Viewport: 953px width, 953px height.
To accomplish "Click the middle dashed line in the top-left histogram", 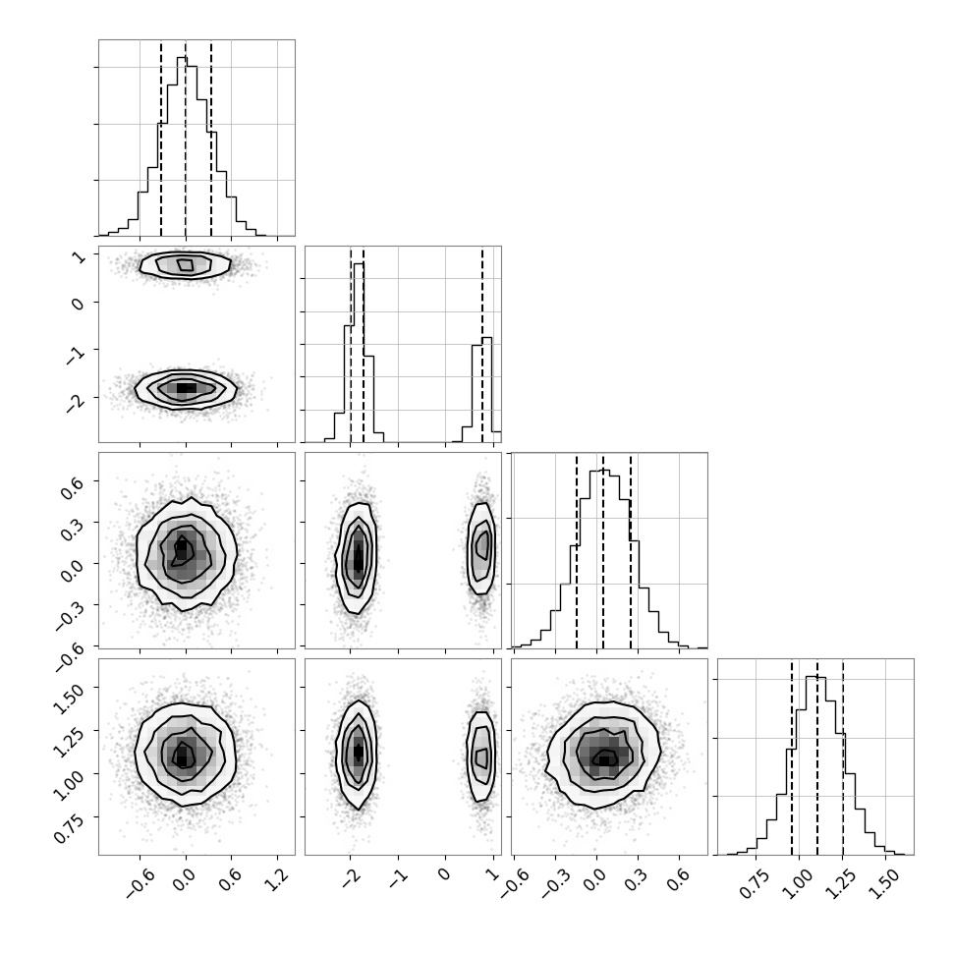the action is pyautogui.click(x=186, y=138).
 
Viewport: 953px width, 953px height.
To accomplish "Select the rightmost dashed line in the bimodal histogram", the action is pyautogui.click(x=482, y=344).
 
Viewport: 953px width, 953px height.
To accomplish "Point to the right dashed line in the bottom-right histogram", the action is pyautogui.click(x=843, y=757).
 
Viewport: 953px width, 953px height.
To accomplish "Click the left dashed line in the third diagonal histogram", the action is pyautogui.click(x=576, y=550).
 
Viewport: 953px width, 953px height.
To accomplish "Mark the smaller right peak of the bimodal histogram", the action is pyautogui.click(x=487, y=390).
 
